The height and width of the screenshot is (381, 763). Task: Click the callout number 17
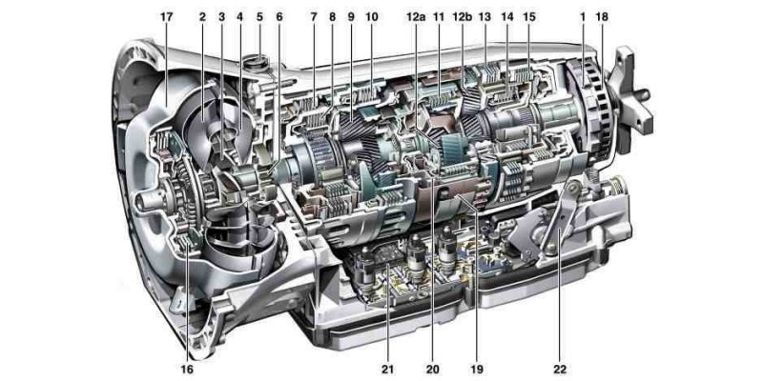tap(166, 16)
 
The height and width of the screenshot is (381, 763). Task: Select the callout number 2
tap(202, 16)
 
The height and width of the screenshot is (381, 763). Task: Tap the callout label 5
tap(259, 16)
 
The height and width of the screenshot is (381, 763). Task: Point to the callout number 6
tap(278, 16)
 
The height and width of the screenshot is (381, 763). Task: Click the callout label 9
tap(351, 16)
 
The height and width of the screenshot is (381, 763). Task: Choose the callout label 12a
tap(416, 16)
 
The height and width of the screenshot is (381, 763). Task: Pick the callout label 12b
tap(462, 16)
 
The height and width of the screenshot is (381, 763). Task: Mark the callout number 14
tap(507, 16)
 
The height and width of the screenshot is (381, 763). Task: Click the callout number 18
tap(602, 16)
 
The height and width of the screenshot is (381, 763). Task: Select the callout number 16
tap(187, 370)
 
